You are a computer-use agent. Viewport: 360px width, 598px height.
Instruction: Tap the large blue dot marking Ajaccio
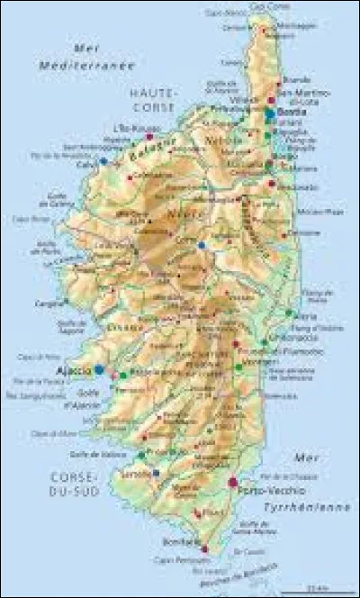(x=99, y=369)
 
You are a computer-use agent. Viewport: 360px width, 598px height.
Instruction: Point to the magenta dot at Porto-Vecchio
(x=233, y=483)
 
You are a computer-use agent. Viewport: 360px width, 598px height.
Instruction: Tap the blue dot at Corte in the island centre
(x=202, y=245)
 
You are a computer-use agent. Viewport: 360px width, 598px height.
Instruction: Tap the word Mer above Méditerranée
(x=87, y=51)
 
